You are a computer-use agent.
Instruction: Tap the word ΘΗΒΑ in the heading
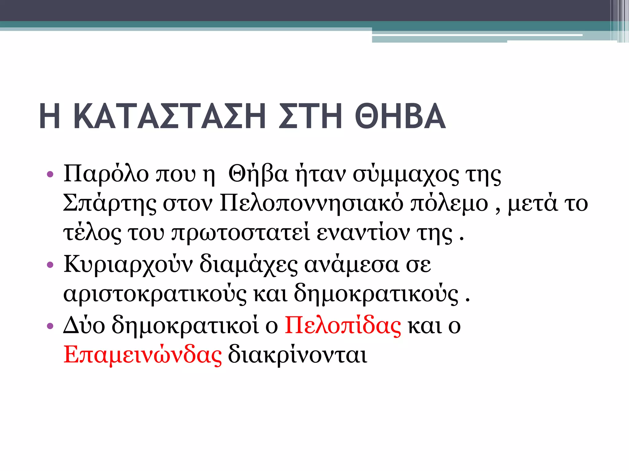[x=400, y=117]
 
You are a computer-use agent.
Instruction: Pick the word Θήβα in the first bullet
[x=258, y=174]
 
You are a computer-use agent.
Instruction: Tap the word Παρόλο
[x=106, y=174]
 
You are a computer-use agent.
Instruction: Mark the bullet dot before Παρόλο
[x=50, y=175]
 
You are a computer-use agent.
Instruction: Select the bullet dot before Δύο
[x=50, y=326]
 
